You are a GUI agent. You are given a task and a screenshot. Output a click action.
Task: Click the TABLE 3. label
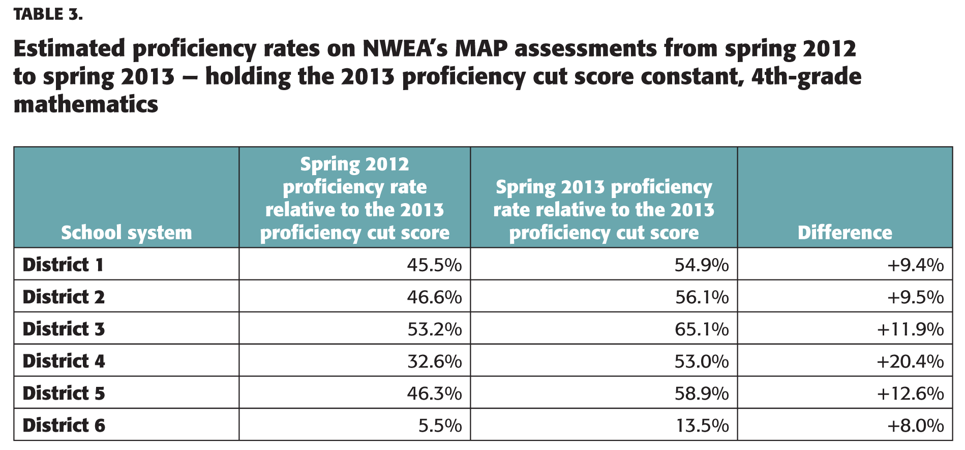coord(48,14)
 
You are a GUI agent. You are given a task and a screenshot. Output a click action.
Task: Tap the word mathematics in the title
coord(86,104)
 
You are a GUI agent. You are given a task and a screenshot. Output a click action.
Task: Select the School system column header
coord(127,233)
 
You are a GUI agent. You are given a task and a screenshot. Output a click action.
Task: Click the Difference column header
coord(845,233)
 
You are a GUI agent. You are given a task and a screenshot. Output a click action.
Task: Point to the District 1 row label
coord(63,265)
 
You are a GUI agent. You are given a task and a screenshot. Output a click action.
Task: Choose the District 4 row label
coord(64,361)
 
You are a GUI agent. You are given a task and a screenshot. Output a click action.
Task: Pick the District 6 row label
coord(64,425)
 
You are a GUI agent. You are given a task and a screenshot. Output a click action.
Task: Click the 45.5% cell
coord(434,265)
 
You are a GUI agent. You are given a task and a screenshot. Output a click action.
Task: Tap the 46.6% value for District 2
coord(434,297)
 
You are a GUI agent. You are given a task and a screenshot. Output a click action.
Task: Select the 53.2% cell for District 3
coord(434,329)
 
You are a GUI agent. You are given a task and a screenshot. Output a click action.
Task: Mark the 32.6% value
coord(434,361)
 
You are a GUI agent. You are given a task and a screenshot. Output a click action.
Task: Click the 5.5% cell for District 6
coord(440,425)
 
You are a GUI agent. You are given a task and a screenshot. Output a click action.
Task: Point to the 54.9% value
coord(702,265)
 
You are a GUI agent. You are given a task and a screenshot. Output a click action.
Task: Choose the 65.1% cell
coord(702,329)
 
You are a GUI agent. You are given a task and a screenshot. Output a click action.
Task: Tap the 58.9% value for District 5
coord(702,393)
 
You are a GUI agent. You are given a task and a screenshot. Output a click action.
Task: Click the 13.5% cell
coord(702,425)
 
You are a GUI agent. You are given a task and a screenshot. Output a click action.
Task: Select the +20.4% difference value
coord(910,361)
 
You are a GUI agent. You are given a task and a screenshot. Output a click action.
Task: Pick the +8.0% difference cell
coord(915,425)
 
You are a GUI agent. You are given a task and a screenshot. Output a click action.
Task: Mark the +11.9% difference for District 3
coord(910,329)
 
